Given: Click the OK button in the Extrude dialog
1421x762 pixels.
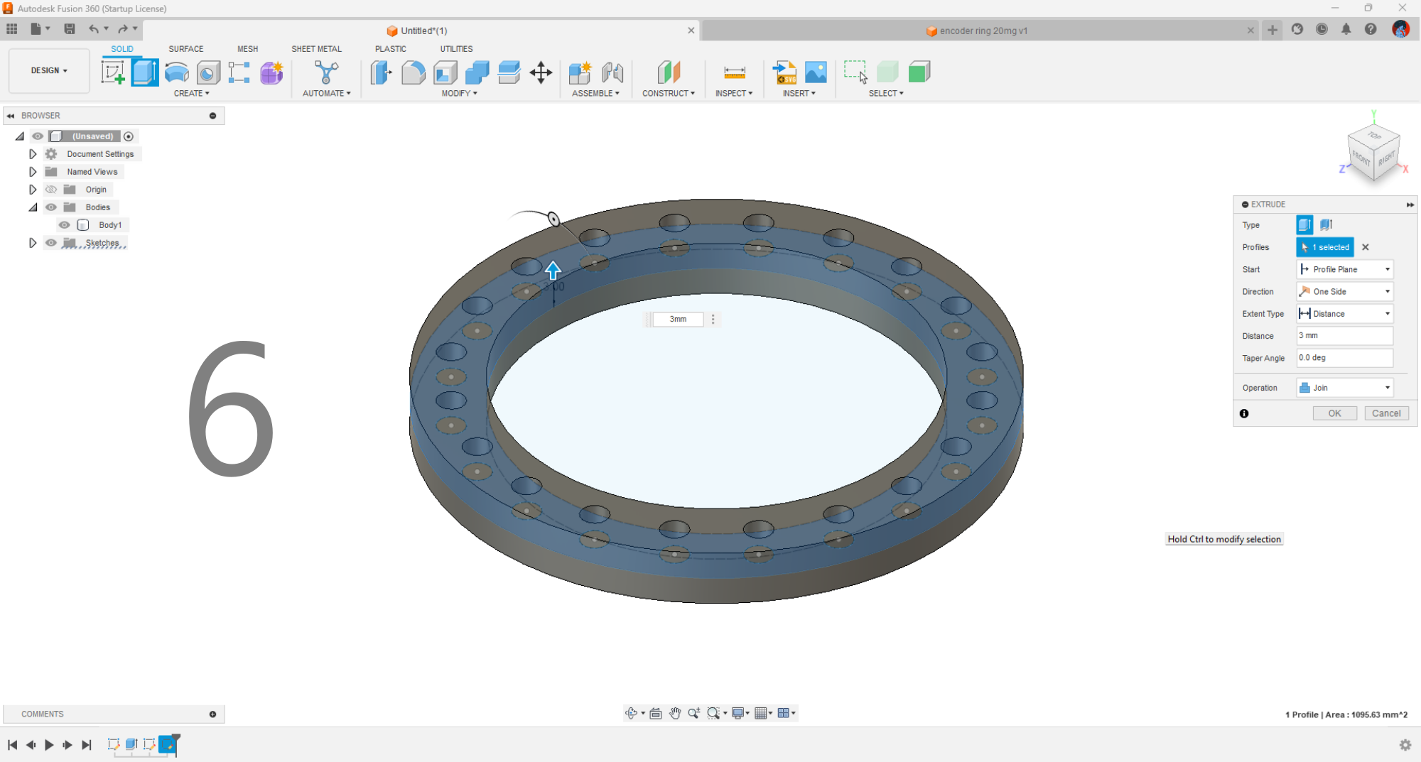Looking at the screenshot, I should [x=1334, y=413].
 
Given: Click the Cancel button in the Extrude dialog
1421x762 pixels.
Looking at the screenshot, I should [x=1385, y=413].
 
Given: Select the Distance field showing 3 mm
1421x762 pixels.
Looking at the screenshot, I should [x=1344, y=336].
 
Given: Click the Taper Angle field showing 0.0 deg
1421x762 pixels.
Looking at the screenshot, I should [x=1344, y=358].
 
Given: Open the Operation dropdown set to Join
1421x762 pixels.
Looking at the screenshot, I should [x=1344, y=388].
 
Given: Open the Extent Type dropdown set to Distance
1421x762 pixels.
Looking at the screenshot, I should [x=1344, y=314].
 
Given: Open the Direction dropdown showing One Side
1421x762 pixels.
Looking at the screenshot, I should [x=1344, y=292].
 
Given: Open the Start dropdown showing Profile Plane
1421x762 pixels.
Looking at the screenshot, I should [x=1344, y=270].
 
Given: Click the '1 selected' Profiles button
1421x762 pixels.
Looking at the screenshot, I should [x=1325, y=247].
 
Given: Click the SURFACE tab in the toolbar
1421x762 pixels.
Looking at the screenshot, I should [x=186, y=49].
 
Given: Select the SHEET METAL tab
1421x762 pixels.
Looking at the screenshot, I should [x=316, y=49].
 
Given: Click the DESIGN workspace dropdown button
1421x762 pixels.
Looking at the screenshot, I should [x=49, y=71].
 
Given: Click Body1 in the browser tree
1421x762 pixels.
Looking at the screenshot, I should [x=110, y=225].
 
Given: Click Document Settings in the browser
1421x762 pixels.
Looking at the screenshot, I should [x=100, y=154].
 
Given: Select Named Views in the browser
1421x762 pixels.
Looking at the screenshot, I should [x=92, y=172].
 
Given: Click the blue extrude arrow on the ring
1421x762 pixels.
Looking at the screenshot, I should [x=553, y=270].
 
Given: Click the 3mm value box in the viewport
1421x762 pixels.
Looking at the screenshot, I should [x=678, y=320].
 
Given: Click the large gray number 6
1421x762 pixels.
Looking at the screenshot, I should [x=230, y=408].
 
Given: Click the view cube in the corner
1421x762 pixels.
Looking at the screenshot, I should [x=1373, y=150].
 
